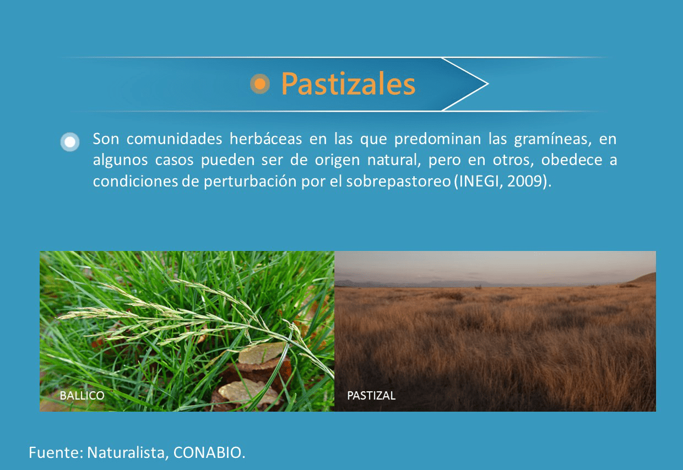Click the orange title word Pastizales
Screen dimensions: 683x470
[x=348, y=84]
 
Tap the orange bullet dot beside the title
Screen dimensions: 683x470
[x=260, y=84]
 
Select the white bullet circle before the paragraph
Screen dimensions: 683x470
[x=70, y=141]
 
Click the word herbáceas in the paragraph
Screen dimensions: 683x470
[x=265, y=139]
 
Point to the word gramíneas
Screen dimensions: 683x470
[x=552, y=140]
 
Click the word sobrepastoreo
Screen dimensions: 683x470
[x=399, y=182]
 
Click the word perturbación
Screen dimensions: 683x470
[x=250, y=182]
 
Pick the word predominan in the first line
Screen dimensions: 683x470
[x=437, y=139]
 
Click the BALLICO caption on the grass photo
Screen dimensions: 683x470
[x=82, y=395]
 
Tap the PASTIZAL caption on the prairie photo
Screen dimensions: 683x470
[x=371, y=395]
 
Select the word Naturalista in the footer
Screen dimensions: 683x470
[x=128, y=452]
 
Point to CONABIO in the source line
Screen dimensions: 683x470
[x=209, y=452]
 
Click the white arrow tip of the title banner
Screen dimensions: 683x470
[x=487, y=84]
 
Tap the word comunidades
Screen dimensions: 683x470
[x=174, y=139]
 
